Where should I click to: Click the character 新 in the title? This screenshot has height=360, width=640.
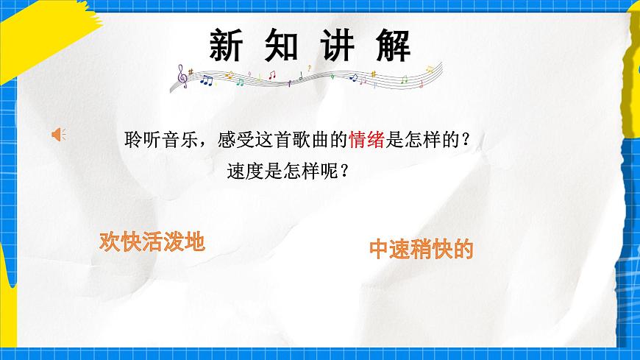(x=226, y=46)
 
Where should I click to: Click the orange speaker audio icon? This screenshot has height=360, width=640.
(x=58, y=133)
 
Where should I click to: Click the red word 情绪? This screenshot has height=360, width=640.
(x=368, y=139)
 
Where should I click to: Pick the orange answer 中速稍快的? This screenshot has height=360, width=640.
(x=420, y=250)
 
